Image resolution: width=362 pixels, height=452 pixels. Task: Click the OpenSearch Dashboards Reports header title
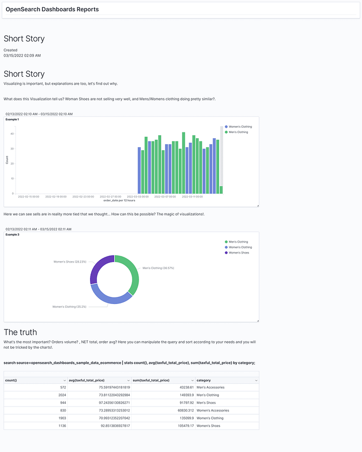(x=52, y=9)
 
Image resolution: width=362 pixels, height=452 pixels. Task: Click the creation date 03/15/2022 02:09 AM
(x=22, y=56)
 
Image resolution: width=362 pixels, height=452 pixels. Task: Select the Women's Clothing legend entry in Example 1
(x=240, y=127)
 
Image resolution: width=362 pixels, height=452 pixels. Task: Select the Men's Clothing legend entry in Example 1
(x=238, y=132)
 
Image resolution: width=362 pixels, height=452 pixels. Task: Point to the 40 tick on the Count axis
(x=12, y=134)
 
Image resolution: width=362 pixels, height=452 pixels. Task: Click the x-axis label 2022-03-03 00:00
(x=138, y=197)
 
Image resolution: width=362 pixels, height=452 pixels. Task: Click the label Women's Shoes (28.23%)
(x=70, y=262)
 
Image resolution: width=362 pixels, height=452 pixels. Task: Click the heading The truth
(x=20, y=332)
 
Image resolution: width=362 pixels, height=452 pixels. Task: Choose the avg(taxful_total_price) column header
(x=87, y=380)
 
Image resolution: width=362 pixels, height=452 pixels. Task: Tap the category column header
(x=204, y=380)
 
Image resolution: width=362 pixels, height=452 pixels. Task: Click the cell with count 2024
(x=62, y=395)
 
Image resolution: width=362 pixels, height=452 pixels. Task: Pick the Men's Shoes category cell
(x=207, y=403)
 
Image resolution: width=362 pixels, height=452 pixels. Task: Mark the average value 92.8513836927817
(x=111, y=426)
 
